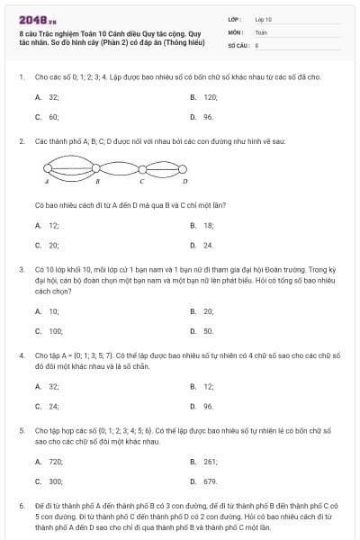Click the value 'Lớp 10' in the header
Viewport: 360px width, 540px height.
pyautogui.click(x=264, y=19)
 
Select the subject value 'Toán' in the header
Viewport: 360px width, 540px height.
pyautogui.click(x=261, y=31)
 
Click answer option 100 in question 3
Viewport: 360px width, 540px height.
pyautogui.click(x=55, y=331)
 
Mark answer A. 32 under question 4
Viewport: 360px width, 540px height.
pyautogui.click(x=53, y=386)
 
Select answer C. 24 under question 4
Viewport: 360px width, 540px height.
pyautogui.click(x=53, y=406)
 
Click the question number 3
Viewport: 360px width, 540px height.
pyautogui.click(x=22, y=269)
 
